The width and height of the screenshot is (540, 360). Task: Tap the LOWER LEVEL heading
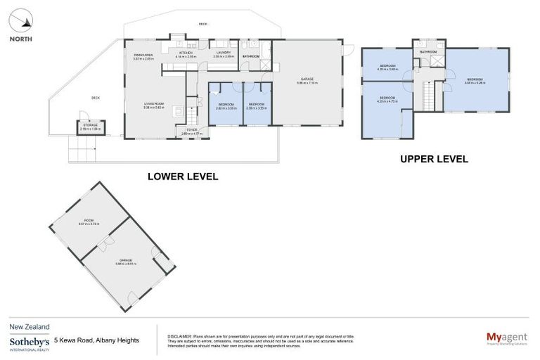point(183,176)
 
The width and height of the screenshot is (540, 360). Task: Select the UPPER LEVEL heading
point(434,159)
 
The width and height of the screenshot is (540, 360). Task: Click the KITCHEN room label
point(186,53)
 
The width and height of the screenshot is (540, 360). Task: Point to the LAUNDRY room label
point(223,53)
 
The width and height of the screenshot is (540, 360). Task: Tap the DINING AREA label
point(143,56)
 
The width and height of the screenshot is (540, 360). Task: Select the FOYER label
point(191,131)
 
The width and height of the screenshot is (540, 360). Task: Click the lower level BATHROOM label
point(251,56)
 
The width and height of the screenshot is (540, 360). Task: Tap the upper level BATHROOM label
point(428,52)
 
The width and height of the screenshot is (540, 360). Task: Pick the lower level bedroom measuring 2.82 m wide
point(226,106)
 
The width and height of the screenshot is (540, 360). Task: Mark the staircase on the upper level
point(429,94)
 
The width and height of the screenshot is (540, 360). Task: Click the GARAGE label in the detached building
point(125,261)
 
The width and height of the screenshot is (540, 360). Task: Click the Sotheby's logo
point(29,342)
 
